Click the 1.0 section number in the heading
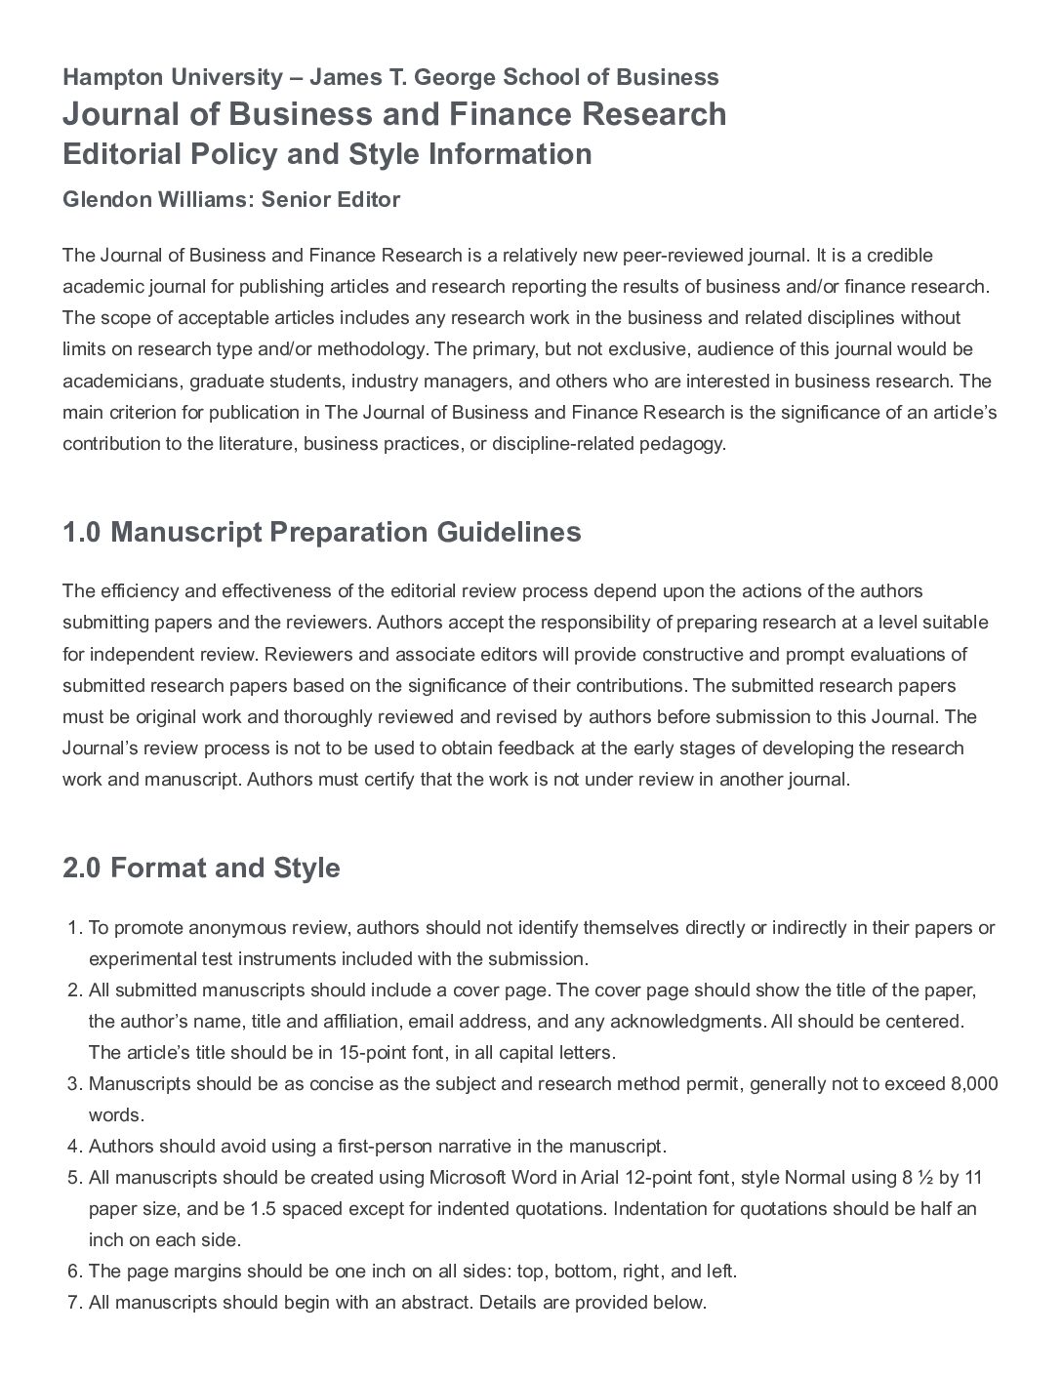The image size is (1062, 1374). click(x=82, y=533)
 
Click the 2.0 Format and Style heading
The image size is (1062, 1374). click(x=201, y=869)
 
